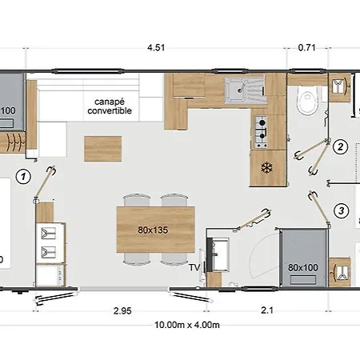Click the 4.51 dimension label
156,48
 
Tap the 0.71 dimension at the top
307,48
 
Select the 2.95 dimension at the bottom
122,311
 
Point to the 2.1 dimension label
267,310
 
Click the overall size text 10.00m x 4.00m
187,325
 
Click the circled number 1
23,177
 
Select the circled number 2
340,147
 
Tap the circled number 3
342,211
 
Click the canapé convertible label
110,106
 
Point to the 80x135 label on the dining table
153,230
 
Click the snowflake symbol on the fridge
266,168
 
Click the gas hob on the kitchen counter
261,132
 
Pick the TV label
194,267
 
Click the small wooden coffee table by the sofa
103,149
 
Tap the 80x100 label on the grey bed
303,268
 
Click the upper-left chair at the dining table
137,200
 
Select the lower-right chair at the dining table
174,259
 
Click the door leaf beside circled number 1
44,184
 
